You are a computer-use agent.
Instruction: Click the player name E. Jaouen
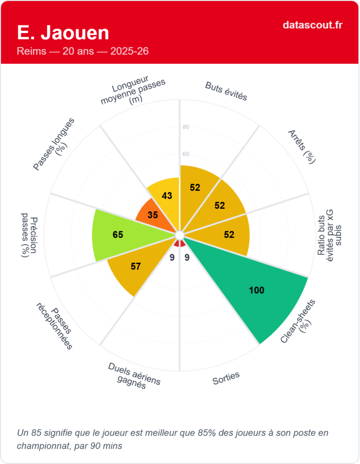(x=63, y=33)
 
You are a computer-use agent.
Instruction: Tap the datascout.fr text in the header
(x=312, y=24)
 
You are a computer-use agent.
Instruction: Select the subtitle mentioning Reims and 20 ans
(x=83, y=51)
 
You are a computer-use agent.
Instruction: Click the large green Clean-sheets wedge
(x=254, y=285)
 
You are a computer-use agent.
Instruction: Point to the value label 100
(x=257, y=290)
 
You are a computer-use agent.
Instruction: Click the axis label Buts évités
(x=226, y=91)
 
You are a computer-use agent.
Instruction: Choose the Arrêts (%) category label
(x=302, y=146)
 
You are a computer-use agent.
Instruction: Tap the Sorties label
(x=226, y=378)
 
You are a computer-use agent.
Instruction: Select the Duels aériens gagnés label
(x=134, y=376)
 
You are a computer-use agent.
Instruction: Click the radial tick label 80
(x=186, y=127)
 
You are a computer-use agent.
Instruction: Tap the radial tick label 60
(x=186, y=154)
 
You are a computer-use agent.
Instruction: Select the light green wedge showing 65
(x=118, y=235)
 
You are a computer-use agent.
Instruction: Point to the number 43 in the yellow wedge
(x=167, y=196)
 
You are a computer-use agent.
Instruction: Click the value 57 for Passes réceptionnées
(x=136, y=266)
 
